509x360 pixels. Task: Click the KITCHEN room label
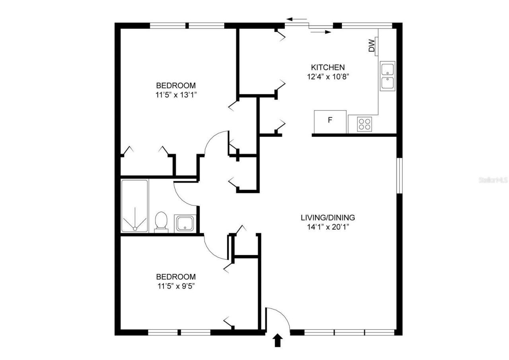coord(328,67)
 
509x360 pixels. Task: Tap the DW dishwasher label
coord(371,46)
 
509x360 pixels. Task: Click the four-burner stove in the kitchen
coord(364,125)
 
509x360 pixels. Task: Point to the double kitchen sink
coord(387,76)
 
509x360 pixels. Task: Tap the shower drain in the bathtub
coord(135,228)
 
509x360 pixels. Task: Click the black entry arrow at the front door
coord(278,341)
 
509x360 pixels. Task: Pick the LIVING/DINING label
coord(328,218)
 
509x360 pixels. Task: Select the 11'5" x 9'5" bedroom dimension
coord(176,286)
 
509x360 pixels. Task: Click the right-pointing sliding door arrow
coord(321,32)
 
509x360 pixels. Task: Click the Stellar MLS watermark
coord(493,180)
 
